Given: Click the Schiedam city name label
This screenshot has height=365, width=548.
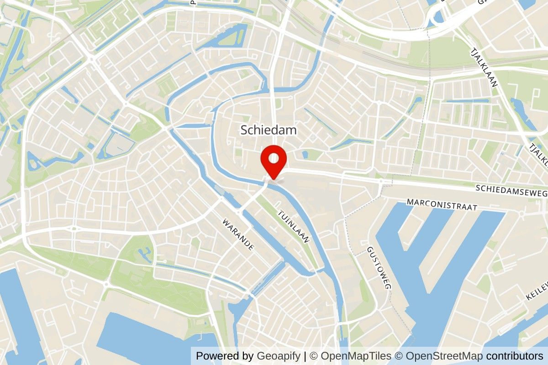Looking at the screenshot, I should coord(269,130).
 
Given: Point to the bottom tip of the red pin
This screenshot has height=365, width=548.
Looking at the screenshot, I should coord(273,179).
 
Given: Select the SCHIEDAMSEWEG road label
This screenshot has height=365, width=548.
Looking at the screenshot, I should coord(511,191).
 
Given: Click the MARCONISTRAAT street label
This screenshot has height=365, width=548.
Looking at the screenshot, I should coord(442,204).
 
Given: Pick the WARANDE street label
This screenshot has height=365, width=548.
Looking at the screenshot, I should coord(238,235).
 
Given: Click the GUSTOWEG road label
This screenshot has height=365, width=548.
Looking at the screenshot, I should coord(379,268).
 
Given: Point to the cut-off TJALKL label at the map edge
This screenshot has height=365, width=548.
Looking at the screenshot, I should coord(538,155).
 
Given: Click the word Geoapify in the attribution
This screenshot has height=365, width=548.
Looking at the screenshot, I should coord(279,356).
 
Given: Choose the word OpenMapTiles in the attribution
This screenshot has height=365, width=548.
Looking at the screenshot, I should coord(356,356).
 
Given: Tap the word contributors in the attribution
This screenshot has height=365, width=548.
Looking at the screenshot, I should coord(515,356).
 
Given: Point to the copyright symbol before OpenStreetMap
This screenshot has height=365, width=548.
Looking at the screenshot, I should coord(399,356).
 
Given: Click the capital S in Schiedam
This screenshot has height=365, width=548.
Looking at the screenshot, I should coord(244,130).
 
